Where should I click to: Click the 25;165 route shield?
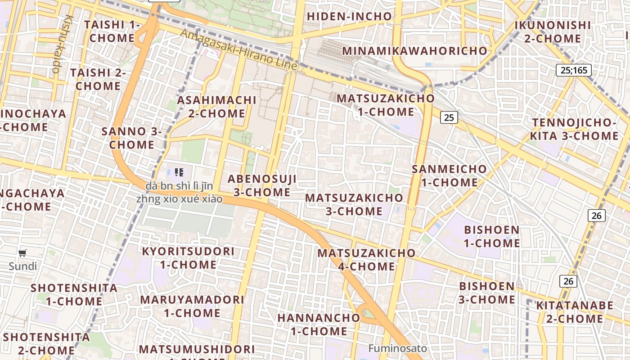pyautogui.click(x=573, y=70)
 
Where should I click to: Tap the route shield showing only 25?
pyautogui.click(x=449, y=117)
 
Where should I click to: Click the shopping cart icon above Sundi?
pyautogui.click(x=22, y=253)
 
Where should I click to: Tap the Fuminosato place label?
pyautogui.click(x=397, y=348)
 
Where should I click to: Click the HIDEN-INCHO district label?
pyautogui.click(x=349, y=17)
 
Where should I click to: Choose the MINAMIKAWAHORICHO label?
pyautogui.click(x=415, y=51)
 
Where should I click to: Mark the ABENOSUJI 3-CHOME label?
pyautogui.click(x=262, y=185)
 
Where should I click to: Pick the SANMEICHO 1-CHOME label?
pyautogui.click(x=449, y=175)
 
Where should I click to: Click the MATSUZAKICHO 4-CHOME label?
pyautogui.click(x=366, y=260)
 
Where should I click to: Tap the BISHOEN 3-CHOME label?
pyautogui.click(x=487, y=292)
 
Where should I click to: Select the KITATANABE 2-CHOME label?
pyautogui.click(x=575, y=312)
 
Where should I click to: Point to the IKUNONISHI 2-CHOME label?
pyautogui.click(x=553, y=31)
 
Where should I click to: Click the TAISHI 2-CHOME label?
pyautogui.click(x=98, y=79)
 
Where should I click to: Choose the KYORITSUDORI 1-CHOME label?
pyautogui.click(x=188, y=258)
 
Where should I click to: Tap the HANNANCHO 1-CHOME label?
pyautogui.click(x=319, y=324)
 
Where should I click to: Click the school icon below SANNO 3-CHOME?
pyautogui.click(x=179, y=172)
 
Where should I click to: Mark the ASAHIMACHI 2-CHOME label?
pyautogui.click(x=216, y=107)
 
